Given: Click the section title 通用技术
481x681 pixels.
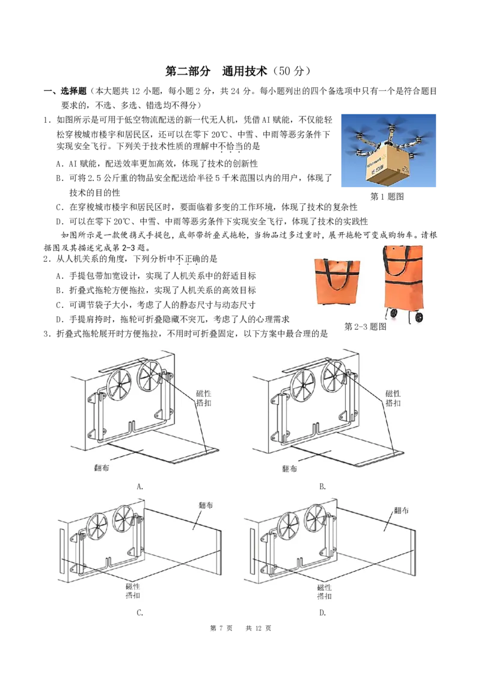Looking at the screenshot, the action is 244,71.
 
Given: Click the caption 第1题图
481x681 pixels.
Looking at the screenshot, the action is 387,196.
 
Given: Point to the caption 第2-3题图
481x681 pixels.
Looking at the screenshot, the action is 365,327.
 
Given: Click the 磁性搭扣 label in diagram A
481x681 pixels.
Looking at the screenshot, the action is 204,398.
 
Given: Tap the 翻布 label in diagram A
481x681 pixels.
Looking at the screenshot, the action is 102,468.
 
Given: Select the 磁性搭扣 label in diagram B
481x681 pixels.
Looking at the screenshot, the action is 393,398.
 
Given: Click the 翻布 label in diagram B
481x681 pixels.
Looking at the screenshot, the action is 290,469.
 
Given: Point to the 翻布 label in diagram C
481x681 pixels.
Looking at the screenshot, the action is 206,505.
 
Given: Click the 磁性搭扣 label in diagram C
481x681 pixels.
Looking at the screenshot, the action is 133,591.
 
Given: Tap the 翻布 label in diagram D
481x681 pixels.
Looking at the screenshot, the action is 401,510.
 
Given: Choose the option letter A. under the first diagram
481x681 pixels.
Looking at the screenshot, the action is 139,487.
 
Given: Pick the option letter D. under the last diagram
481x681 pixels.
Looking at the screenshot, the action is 322,613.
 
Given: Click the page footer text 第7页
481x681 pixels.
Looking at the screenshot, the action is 221,628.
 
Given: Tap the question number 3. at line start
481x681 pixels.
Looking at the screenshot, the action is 47,334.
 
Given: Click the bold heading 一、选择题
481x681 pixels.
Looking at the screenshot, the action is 65,91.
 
